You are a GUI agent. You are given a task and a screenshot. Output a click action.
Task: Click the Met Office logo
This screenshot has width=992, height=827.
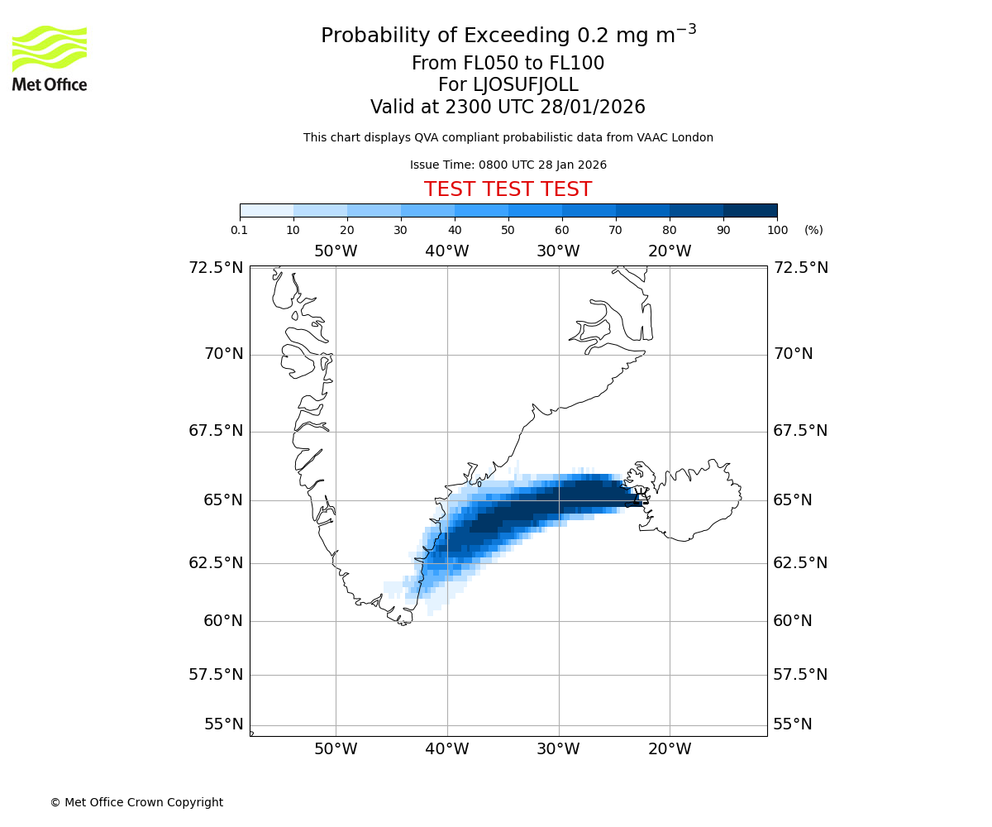point(50,58)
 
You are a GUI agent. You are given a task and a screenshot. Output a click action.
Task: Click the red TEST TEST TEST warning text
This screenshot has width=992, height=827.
point(508,190)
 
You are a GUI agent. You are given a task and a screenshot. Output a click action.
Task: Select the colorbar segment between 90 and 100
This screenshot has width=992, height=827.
point(750,210)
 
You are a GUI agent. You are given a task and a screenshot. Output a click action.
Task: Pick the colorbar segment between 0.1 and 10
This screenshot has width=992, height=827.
point(267,210)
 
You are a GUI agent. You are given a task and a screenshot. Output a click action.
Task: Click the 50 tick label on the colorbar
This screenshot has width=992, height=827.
point(508,230)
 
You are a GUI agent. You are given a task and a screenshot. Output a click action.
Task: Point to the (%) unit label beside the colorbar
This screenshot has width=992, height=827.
point(813,230)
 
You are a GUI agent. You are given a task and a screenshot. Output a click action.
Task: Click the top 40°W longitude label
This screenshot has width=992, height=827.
point(447,251)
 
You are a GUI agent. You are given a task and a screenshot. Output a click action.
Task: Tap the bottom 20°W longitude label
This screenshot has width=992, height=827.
point(670,749)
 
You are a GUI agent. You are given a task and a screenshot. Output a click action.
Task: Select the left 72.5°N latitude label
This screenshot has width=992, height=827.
point(217,268)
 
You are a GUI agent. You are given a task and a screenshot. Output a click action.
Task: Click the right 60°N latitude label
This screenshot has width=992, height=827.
point(793,621)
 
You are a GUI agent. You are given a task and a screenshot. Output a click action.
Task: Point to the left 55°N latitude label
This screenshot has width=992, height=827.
point(224,724)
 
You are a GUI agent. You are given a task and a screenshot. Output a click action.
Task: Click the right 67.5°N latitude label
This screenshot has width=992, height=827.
point(800,431)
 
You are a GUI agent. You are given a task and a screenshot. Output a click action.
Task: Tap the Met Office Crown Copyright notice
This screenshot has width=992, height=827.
point(136,802)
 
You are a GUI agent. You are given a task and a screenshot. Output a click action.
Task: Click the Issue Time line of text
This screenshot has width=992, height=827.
point(508,165)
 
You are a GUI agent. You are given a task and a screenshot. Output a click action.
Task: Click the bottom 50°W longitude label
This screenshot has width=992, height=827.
point(336,749)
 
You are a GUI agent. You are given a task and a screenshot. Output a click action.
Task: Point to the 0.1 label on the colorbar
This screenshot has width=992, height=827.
point(240,230)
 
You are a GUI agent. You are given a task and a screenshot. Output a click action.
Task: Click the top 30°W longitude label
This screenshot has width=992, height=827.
point(558,251)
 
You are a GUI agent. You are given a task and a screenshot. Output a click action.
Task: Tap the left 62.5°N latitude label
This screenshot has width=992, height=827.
point(217,563)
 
